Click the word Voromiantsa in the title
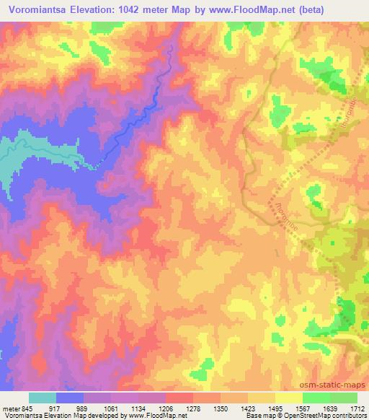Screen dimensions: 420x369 tap(45, 10)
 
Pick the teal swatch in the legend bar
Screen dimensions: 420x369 tap(43, 398)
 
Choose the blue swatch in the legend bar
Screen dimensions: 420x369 tap(69, 398)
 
